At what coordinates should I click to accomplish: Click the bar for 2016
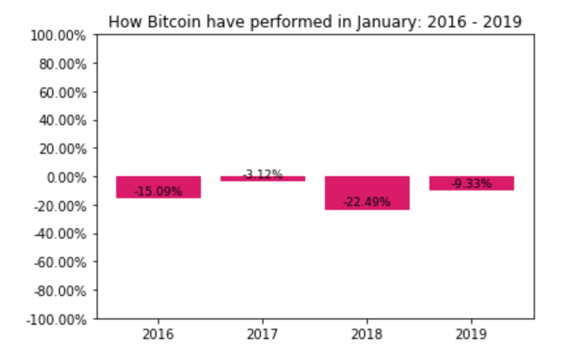pos(158,187)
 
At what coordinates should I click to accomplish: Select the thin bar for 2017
pos(263,179)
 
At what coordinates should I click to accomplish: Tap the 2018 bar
pos(367,193)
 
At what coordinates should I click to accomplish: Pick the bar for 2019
pos(472,183)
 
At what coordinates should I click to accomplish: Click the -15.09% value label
pos(158,191)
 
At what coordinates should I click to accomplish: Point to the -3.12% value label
pos(263,174)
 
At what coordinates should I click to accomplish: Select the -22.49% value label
pos(367,202)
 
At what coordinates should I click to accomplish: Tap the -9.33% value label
pos(472,183)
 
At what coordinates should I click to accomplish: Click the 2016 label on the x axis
pos(158,335)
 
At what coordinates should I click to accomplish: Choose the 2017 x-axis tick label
pos(263,335)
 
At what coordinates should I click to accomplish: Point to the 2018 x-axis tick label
pos(367,335)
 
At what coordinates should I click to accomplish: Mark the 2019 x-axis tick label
pos(472,335)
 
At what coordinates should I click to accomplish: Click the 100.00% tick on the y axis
pos(58,36)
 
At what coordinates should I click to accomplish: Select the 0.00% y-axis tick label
pos(67,177)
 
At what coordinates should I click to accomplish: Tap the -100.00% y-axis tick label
pos(57,320)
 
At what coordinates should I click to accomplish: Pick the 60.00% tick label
pos(63,93)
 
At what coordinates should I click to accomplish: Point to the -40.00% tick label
pos(61,235)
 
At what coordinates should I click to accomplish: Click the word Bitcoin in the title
pos(174,22)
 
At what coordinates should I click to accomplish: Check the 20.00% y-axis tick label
pos(63,149)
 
